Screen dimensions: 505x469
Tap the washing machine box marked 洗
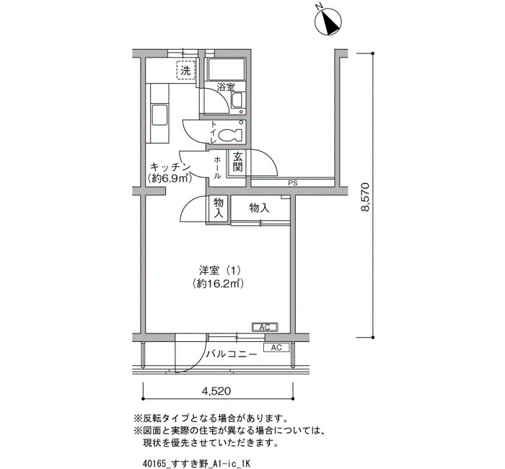point(186,70)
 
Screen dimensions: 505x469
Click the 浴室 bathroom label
point(226,87)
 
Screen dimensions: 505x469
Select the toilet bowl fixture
point(230,135)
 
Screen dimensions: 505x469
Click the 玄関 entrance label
point(237,162)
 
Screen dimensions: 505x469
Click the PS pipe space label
point(292,183)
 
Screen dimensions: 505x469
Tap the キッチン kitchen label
point(170,167)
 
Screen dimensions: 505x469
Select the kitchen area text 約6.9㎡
point(170,178)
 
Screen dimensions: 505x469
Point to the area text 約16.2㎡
point(218,284)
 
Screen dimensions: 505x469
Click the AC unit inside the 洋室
point(265,328)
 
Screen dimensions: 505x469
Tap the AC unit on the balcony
point(276,348)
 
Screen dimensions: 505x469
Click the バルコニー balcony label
point(232,354)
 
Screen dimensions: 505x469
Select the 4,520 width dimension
point(216,391)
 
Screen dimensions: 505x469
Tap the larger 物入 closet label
point(259,208)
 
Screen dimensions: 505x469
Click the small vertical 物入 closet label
point(219,208)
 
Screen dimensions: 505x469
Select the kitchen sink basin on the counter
point(159,115)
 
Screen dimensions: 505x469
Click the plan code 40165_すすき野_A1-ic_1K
point(196,463)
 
